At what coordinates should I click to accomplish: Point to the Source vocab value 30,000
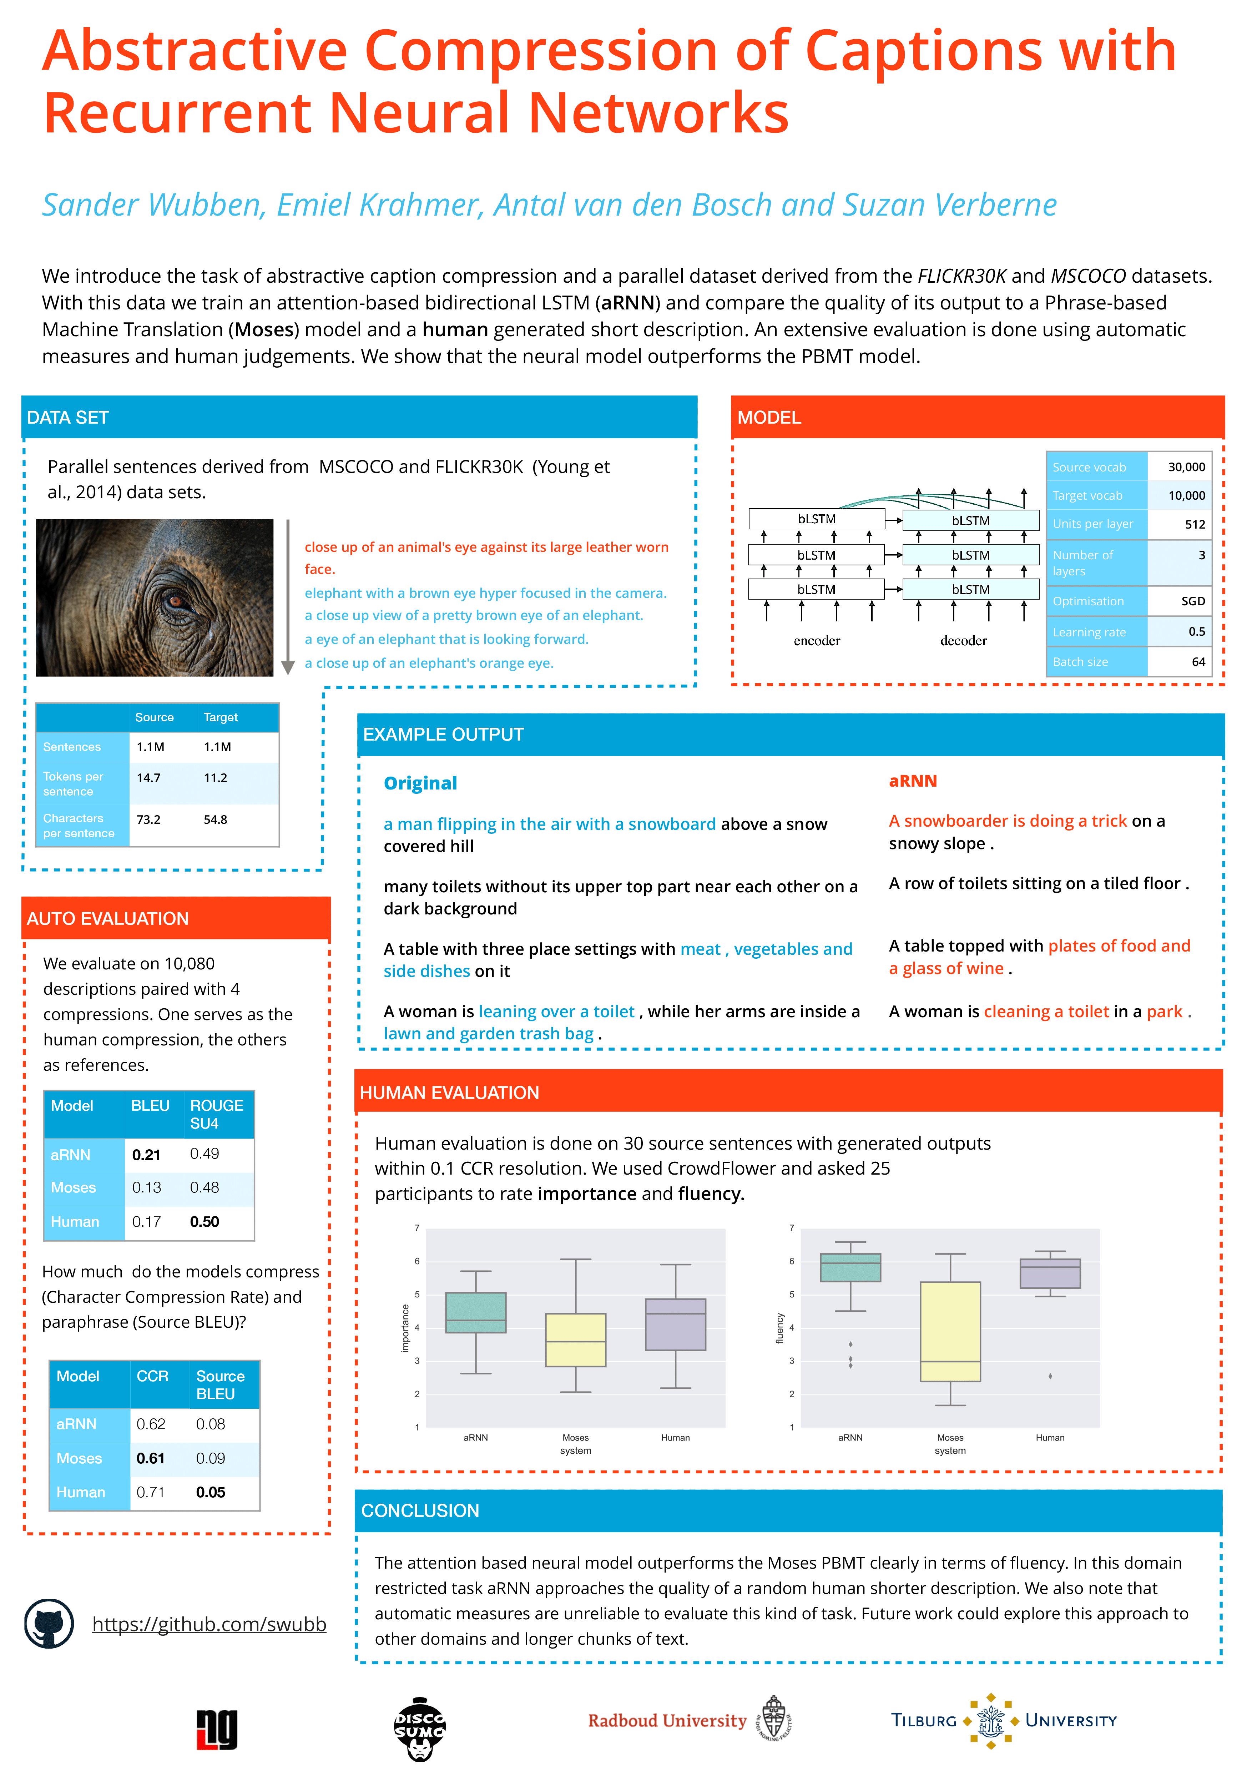coord(1186,466)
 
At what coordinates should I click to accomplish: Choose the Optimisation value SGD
coord(1193,601)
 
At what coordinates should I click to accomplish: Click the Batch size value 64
coord(1198,662)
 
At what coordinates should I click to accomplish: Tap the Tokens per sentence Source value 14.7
coord(149,777)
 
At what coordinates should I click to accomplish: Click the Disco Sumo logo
coord(420,1728)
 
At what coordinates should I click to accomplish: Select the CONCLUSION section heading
coord(420,1510)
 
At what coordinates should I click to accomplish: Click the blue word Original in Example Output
coord(420,783)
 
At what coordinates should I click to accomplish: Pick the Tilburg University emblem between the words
coord(990,1720)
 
